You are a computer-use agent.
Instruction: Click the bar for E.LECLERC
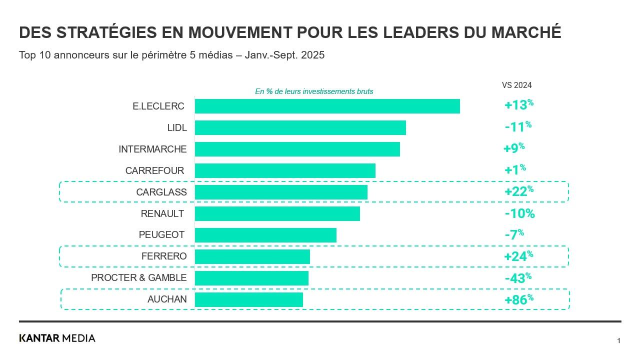coord(327,106)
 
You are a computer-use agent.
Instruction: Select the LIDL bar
coord(300,127)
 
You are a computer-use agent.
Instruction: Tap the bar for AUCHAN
coord(248,299)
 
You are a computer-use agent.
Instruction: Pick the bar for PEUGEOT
coord(265,235)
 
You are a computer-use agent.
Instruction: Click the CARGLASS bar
coord(281,192)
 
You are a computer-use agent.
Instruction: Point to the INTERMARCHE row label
coord(152,149)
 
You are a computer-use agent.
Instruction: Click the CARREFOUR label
coord(154,170)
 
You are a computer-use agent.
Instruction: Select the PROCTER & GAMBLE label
coord(138,278)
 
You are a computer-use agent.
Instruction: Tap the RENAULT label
coord(162,213)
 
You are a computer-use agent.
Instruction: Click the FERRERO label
coord(164,256)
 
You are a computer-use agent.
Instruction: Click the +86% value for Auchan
coord(519,299)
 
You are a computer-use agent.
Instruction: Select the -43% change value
coord(518,278)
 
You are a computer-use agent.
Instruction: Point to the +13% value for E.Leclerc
coord(519,105)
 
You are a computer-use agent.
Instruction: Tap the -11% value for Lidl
coord(518,127)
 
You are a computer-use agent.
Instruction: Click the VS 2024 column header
coord(516,85)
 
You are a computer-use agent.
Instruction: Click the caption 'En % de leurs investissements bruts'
coord(314,91)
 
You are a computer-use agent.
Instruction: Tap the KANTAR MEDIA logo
coord(57,338)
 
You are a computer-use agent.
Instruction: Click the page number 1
coord(618,341)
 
